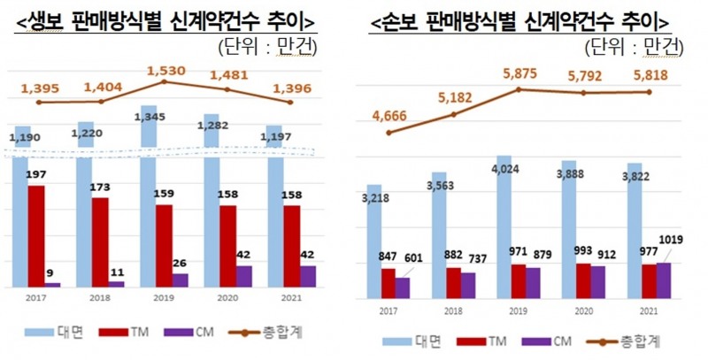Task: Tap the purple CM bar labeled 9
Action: (54, 284)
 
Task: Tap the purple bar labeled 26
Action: (180, 280)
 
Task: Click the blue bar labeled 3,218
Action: (373, 243)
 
